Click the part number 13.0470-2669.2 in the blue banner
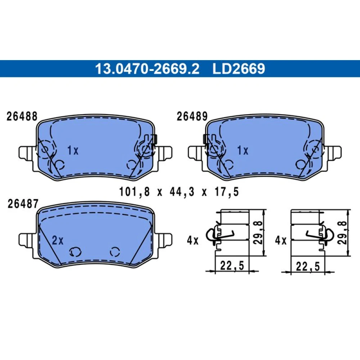click(x=147, y=69)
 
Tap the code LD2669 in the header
click(x=239, y=69)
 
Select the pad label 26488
click(x=22, y=116)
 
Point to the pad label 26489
click(x=192, y=116)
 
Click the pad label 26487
click(x=23, y=204)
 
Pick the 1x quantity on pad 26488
click(x=73, y=150)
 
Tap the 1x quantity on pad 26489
click(x=243, y=150)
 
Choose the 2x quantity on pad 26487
click(x=57, y=240)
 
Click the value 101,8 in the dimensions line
click(x=134, y=192)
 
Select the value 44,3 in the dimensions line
click(x=182, y=192)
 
